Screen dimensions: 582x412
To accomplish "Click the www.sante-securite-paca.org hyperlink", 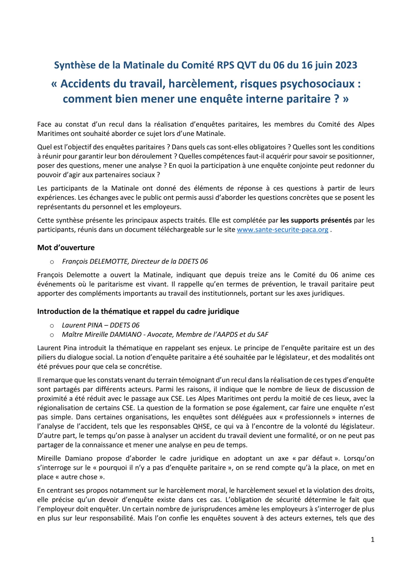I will (282, 230).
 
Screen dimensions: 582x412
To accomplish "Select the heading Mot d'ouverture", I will (66, 248).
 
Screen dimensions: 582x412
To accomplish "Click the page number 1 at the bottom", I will (372, 540).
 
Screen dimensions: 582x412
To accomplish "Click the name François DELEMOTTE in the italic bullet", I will (95, 261).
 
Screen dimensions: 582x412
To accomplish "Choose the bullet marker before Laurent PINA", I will (52, 326).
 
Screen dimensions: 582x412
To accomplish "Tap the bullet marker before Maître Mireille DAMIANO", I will (52, 335).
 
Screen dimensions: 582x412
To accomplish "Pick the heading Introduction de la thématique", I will (138, 311).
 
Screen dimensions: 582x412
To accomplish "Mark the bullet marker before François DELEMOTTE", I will (52, 262).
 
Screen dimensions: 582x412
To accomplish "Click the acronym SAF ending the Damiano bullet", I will (262, 335).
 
